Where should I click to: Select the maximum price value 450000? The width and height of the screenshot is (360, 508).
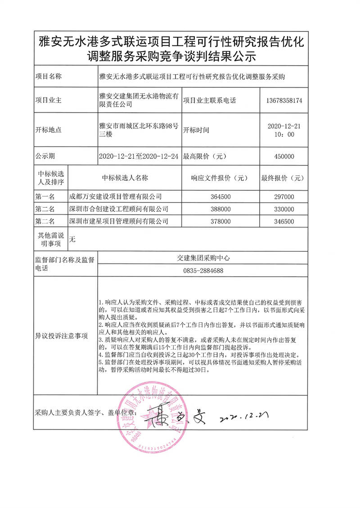click(283, 156)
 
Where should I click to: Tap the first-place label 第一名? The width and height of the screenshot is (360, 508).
click(45, 196)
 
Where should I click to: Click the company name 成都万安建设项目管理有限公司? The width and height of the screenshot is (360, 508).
click(115, 196)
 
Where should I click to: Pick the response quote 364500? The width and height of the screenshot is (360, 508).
click(220, 196)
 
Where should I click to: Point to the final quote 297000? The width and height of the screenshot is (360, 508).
click(283, 196)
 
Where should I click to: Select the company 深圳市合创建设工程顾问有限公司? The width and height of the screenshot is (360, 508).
click(118, 209)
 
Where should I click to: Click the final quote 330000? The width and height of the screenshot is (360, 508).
click(283, 209)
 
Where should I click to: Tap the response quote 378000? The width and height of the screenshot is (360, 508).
click(220, 221)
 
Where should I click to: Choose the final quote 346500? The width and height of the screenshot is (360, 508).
click(283, 221)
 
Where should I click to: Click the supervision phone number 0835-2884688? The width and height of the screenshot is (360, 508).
click(203, 271)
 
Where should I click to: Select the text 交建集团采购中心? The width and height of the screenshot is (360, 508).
click(203, 258)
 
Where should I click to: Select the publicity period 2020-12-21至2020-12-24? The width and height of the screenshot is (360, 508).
click(138, 156)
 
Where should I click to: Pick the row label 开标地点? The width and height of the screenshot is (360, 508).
click(49, 130)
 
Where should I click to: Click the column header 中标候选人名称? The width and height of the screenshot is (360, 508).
click(125, 178)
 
